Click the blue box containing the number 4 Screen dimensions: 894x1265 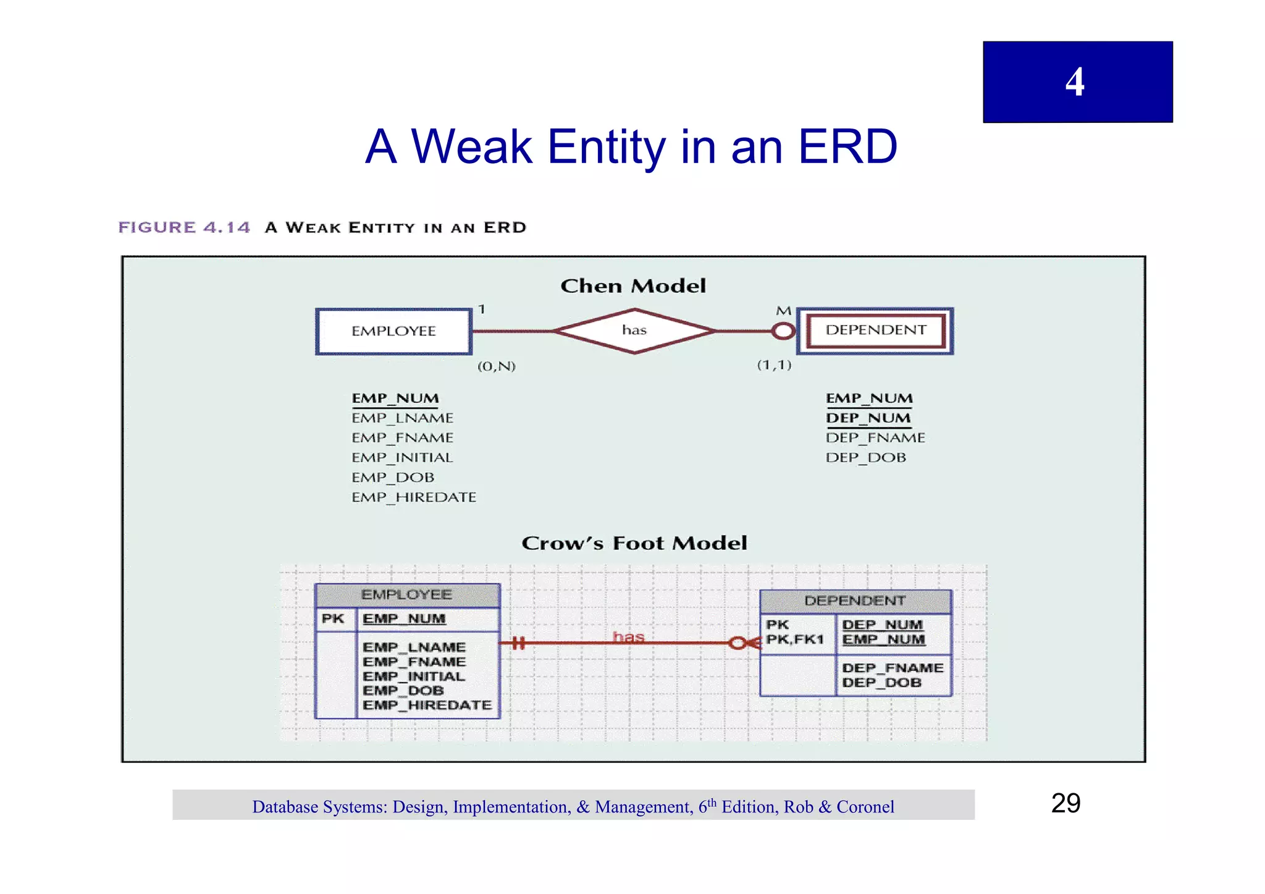[1077, 82]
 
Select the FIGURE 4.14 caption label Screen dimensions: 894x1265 [184, 227]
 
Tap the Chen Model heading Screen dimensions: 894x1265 [633, 286]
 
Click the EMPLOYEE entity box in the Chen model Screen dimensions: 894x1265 [394, 331]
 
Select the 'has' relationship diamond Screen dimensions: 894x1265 [634, 331]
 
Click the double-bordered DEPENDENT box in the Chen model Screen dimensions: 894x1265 [875, 331]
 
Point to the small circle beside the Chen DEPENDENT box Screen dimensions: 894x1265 [783, 331]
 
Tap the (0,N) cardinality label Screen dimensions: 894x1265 [496, 366]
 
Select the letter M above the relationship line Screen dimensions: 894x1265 [783, 311]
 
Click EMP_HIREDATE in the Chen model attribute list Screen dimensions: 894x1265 [414, 497]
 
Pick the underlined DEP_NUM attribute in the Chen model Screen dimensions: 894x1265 [868, 418]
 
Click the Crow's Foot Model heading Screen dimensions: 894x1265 [634, 543]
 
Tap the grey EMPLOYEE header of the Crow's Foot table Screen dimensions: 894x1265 [407, 595]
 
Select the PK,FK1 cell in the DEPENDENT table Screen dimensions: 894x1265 [796, 639]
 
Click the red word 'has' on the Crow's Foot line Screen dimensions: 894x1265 [628, 636]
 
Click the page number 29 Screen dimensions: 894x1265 [1065, 803]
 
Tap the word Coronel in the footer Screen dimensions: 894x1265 [865, 807]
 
